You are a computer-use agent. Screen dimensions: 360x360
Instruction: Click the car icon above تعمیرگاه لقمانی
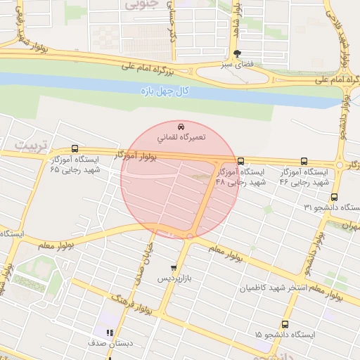(x=181, y=127)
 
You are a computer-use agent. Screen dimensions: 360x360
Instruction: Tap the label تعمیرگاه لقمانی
(x=181, y=137)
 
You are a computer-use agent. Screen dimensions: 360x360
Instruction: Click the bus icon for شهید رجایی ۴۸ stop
(x=241, y=160)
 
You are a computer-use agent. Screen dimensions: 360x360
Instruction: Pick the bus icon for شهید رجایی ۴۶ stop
(x=304, y=160)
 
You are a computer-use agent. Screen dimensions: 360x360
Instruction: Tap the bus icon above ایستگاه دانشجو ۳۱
(x=333, y=198)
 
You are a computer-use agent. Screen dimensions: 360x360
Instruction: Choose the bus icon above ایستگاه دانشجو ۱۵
(x=285, y=324)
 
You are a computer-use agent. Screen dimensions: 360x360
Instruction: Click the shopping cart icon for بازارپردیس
(x=174, y=269)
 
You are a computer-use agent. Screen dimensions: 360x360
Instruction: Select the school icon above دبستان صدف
(x=109, y=332)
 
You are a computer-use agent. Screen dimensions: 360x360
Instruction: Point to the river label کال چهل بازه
(x=165, y=91)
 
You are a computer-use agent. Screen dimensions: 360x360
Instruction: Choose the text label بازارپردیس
(x=173, y=279)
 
